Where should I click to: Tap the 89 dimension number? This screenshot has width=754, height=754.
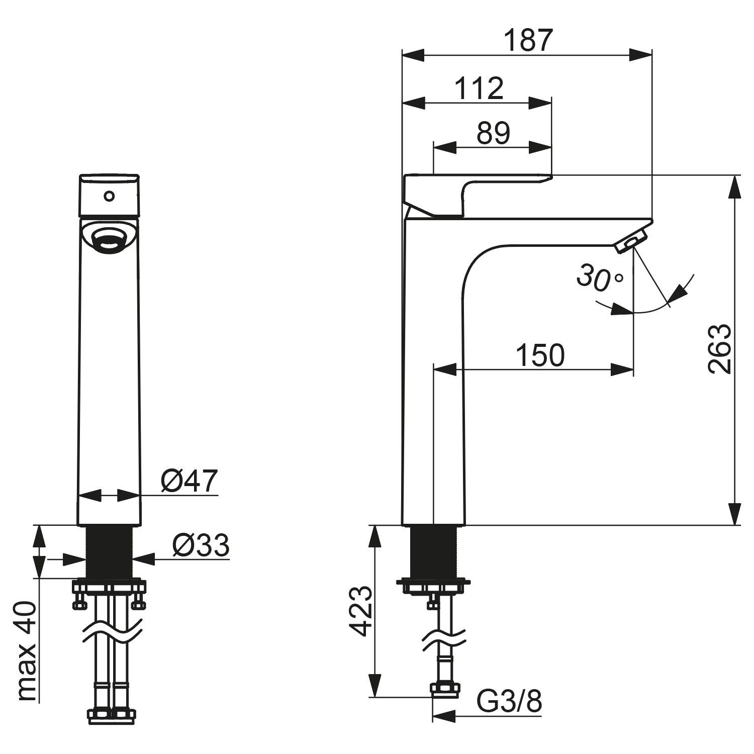pos(493,133)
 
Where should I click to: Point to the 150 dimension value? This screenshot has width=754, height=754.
pos(540,355)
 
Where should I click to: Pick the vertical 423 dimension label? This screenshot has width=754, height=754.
pos(360,611)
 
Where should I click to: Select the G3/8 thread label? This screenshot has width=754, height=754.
pos(509,701)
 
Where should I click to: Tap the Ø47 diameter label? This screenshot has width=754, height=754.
pos(189,481)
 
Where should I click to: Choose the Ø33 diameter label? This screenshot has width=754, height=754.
pos(201,545)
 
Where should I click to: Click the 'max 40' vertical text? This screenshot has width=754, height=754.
pos(27,652)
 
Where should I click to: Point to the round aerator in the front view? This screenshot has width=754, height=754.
pos(109,238)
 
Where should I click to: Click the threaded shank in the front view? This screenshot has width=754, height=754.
pos(110,552)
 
